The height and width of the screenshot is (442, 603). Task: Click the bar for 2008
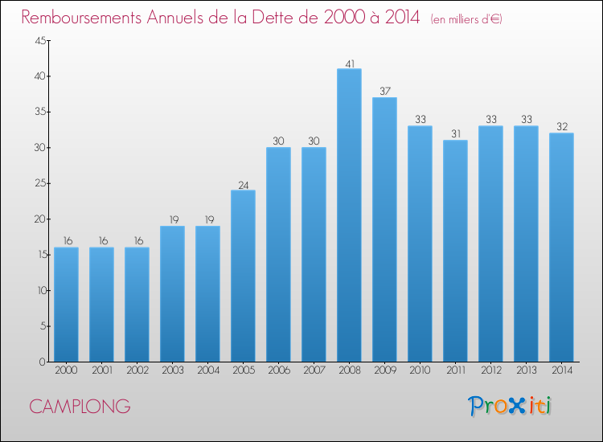(349, 215)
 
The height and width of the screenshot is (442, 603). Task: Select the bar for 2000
(66, 305)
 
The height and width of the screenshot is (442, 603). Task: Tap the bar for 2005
(243, 276)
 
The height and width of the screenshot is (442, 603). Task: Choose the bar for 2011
(455, 251)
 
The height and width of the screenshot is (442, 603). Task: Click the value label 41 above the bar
(349, 63)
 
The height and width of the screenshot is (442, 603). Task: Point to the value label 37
(384, 92)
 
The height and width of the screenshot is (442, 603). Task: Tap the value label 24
(243, 184)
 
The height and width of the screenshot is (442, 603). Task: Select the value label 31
(455, 134)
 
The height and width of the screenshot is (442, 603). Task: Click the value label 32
(561, 127)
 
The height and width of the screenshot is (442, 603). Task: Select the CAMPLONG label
(80, 407)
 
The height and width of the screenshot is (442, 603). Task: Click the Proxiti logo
(510, 406)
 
